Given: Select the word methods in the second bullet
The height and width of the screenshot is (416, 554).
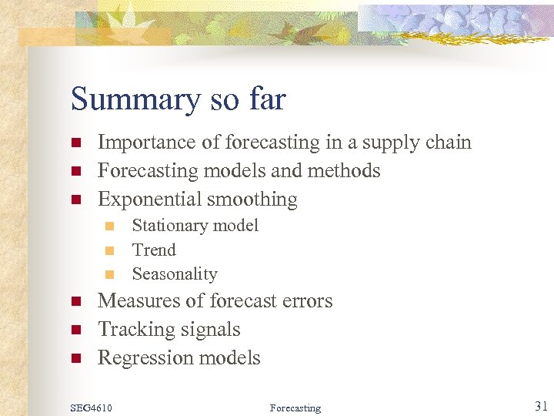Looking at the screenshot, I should coord(347,170).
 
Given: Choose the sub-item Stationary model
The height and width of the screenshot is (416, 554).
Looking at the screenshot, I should coord(195,226).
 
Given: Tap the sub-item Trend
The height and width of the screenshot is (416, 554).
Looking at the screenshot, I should coord(154,250).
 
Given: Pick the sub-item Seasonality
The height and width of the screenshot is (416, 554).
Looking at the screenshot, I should coord(175,274).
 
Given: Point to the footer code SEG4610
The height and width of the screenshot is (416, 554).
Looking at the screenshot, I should coord(92,408).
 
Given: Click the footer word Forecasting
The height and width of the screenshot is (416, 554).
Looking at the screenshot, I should coord(295,408).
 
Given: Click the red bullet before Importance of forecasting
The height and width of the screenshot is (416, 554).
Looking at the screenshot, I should coord(75,143).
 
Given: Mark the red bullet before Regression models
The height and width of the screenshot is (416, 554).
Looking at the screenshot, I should coord(75,358).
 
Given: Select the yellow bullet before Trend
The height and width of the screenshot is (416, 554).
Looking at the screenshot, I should coord(109,250).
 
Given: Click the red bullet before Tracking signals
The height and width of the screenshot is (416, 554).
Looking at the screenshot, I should coord(75,330).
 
